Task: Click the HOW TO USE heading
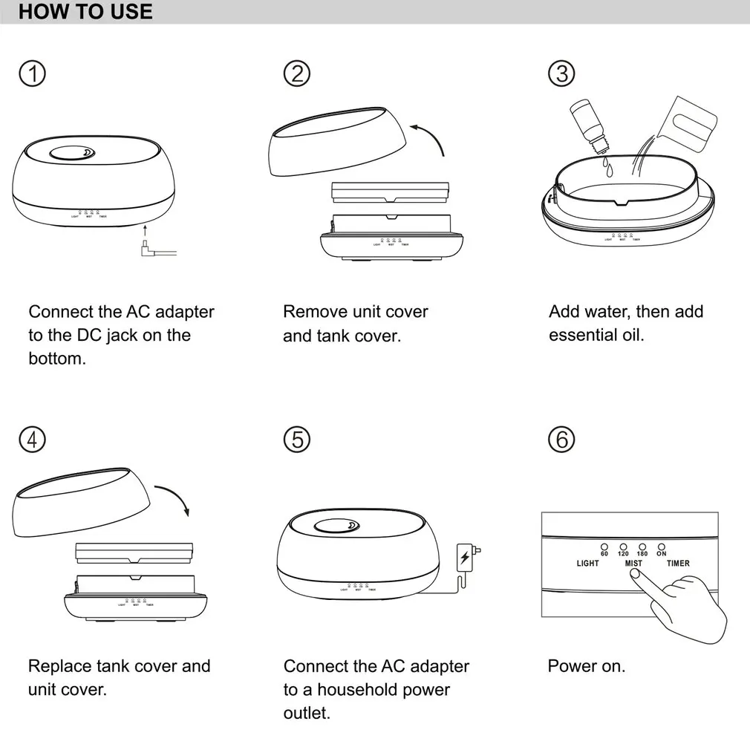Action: click(85, 12)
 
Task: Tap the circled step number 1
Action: click(32, 74)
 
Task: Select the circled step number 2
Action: click(297, 74)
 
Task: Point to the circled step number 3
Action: click(561, 74)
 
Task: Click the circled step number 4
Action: click(32, 440)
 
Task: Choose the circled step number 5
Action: click(297, 440)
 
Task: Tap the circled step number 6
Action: click(561, 440)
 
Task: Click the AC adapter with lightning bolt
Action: click(465, 557)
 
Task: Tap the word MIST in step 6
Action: click(633, 564)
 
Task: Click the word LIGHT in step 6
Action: click(587, 564)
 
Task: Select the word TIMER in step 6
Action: click(678, 564)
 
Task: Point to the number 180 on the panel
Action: click(642, 554)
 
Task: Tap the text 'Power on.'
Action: click(587, 666)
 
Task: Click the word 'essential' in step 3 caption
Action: click(580, 335)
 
